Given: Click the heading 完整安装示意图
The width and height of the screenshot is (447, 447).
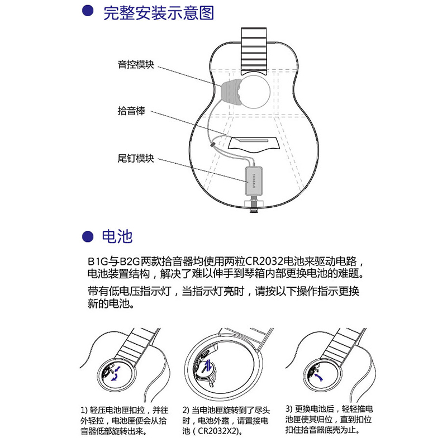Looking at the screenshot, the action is (x=158, y=13).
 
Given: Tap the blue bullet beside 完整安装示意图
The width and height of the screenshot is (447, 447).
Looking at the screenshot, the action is (x=88, y=11).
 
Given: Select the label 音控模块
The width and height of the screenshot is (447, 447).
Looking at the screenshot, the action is (x=136, y=64).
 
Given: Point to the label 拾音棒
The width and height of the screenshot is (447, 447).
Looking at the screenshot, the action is (x=131, y=111).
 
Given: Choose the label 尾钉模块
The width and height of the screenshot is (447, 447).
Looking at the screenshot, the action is (x=136, y=158).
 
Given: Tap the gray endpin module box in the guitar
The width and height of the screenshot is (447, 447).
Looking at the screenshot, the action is (x=254, y=181).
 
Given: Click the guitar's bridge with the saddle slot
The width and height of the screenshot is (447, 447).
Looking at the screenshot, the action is (x=254, y=144).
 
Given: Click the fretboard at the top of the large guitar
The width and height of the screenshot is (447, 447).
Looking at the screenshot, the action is (x=254, y=51).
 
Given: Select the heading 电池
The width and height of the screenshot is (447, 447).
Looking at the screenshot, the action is (x=117, y=236).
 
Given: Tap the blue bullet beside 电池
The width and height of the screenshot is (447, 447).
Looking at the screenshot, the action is (x=88, y=236).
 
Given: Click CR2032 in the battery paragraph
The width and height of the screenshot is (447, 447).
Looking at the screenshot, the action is (x=264, y=261).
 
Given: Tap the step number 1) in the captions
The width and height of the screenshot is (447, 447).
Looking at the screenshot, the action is (x=84, y=411).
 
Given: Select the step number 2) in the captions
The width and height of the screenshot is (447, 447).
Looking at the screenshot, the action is (x=186, y=411).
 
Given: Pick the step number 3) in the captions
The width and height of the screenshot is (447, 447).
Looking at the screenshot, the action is (x=289, y=409).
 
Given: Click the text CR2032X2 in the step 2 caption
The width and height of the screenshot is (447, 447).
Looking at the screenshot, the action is (x=218, y=431).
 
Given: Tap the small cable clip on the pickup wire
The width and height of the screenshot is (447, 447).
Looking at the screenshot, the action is (x=212, y=145).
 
